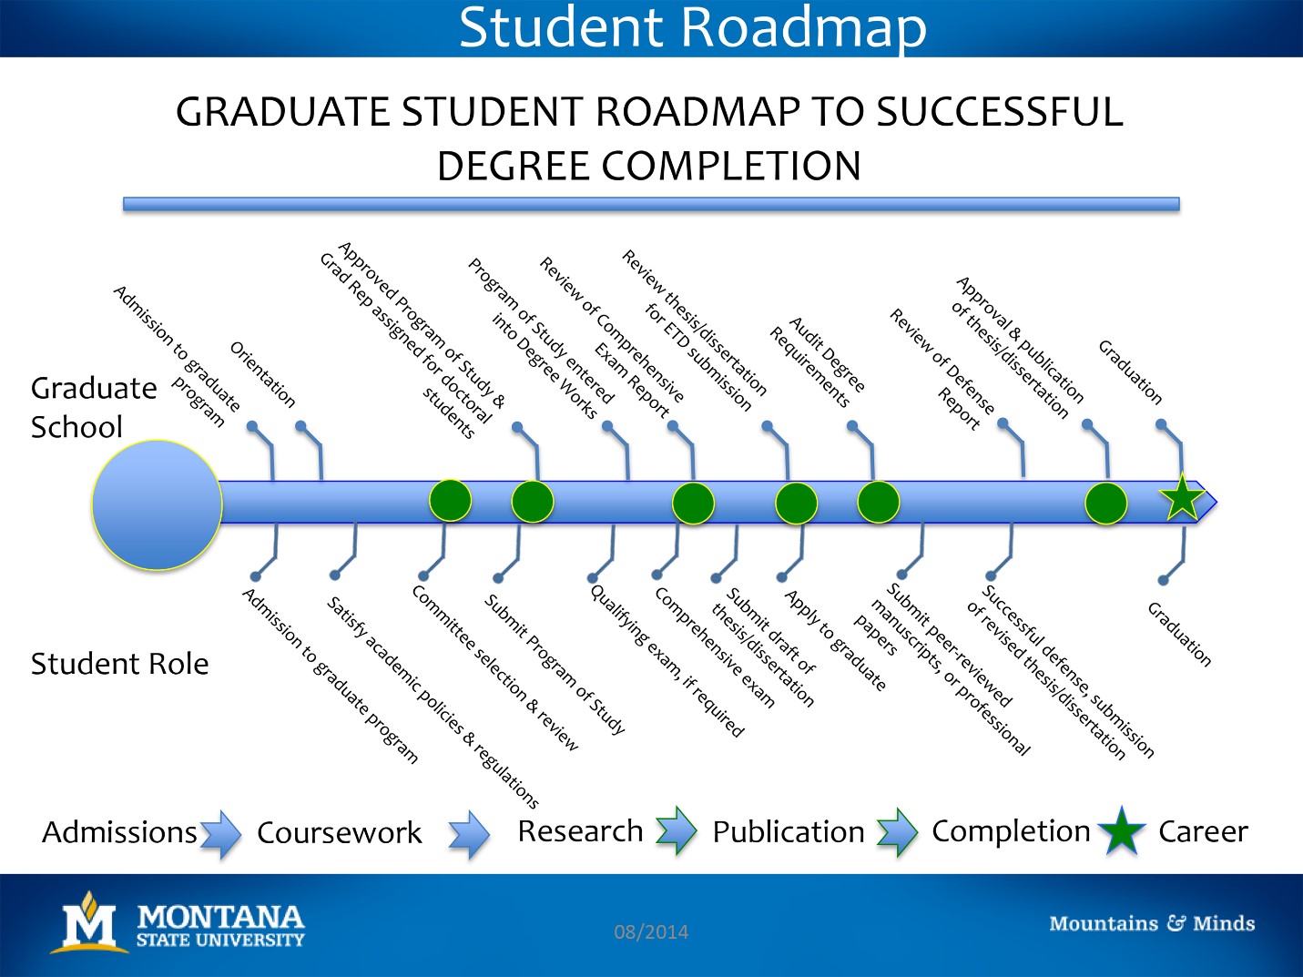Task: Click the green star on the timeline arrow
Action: point(1182,498)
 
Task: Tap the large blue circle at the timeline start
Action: point(157,505)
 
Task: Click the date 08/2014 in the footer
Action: point(651,931)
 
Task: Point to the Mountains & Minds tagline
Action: point(1152,923)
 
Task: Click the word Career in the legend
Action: point(1203,831)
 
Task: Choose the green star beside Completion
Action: point(1122,830)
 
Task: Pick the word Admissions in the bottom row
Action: point(119,832)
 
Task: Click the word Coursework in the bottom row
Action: point(340,832)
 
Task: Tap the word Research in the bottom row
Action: point(580,830)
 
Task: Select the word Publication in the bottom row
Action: point(789,831)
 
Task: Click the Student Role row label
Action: point(119,664)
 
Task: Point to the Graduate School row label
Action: point(94,407)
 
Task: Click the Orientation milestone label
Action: point(262,374)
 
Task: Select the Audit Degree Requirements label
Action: point(818,361)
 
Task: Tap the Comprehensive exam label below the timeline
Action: point(715,647)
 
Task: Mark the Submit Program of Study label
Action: point(555,664)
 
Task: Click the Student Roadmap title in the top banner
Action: point(692,27)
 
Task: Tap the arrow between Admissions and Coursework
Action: point(220,833)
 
